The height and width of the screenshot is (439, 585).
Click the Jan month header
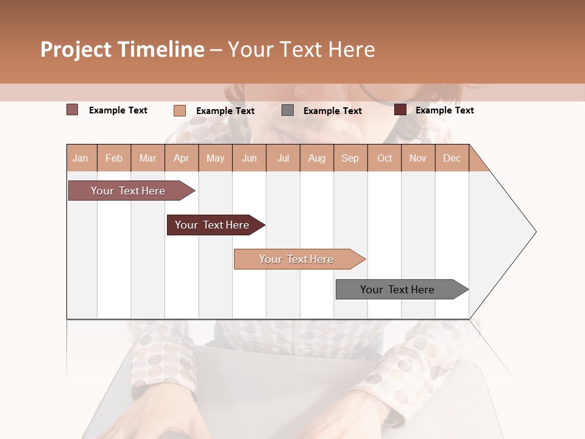point(81,158)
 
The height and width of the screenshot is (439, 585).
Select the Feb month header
point(114,158)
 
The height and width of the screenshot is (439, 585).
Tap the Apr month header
point(182,158)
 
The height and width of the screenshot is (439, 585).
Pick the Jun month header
point(249,158)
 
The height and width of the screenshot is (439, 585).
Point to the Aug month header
point(317,158)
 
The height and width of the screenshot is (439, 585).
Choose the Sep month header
point(350,158)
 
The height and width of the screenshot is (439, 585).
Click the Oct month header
point(385,158)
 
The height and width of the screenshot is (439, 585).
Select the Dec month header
point(452,158)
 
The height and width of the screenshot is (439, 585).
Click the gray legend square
point(288,110)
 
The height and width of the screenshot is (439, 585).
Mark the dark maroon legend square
point(400,110)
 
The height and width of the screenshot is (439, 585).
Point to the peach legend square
point(180,110)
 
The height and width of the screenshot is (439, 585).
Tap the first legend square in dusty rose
point(73,110)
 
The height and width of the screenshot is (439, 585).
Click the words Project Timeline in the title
point(122,49)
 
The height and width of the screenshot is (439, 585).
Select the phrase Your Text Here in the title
point(302,49)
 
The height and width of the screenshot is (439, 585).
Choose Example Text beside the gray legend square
point(333,111)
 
